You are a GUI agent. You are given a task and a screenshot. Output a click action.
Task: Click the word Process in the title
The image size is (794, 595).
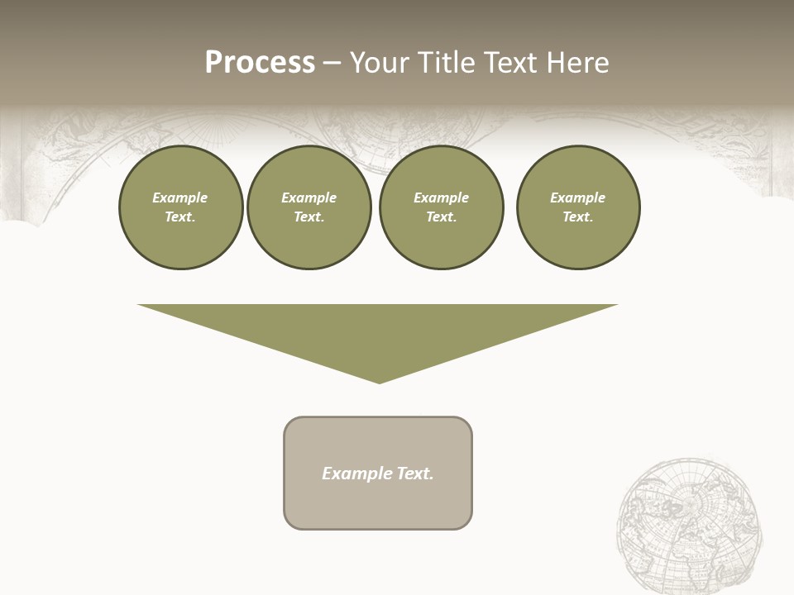pyautogui.click(x=260, y=63)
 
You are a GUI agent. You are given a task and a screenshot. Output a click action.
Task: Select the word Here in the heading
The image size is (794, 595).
pyautogui.click(x=579, y=63)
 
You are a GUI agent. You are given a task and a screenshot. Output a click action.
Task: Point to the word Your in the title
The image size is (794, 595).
pyautogui.click(x=380, y=63)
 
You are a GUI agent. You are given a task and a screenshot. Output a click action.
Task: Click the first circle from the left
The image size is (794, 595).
pyautogui.click(x=181, y=207)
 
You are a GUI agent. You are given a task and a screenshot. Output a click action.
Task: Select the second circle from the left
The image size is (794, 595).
pyautogui.click(x=309, y=207)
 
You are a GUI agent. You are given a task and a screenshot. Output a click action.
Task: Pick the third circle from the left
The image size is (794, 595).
pyautogui.click(x=442, y=207)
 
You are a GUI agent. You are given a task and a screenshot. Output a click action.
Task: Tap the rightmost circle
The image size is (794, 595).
pyautogui.click(x=578, y=207)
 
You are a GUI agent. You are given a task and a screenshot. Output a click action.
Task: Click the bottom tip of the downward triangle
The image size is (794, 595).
pyautogui.click(x=379, y=382)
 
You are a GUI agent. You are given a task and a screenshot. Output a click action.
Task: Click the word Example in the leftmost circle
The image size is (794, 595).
pyautogui.click(x=180, y=198)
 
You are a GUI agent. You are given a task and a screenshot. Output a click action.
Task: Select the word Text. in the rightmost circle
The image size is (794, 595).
pyautogui.click(x=578, y=217)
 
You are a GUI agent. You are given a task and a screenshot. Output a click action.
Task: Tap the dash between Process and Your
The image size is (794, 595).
pyautogui.click(x=332, y=63)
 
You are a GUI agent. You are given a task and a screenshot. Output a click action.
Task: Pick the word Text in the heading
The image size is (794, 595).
pyautogui.click(x=514, y=63)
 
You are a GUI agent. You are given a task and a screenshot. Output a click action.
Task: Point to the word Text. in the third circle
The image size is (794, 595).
pyautogui.click(x=442, y=217)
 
